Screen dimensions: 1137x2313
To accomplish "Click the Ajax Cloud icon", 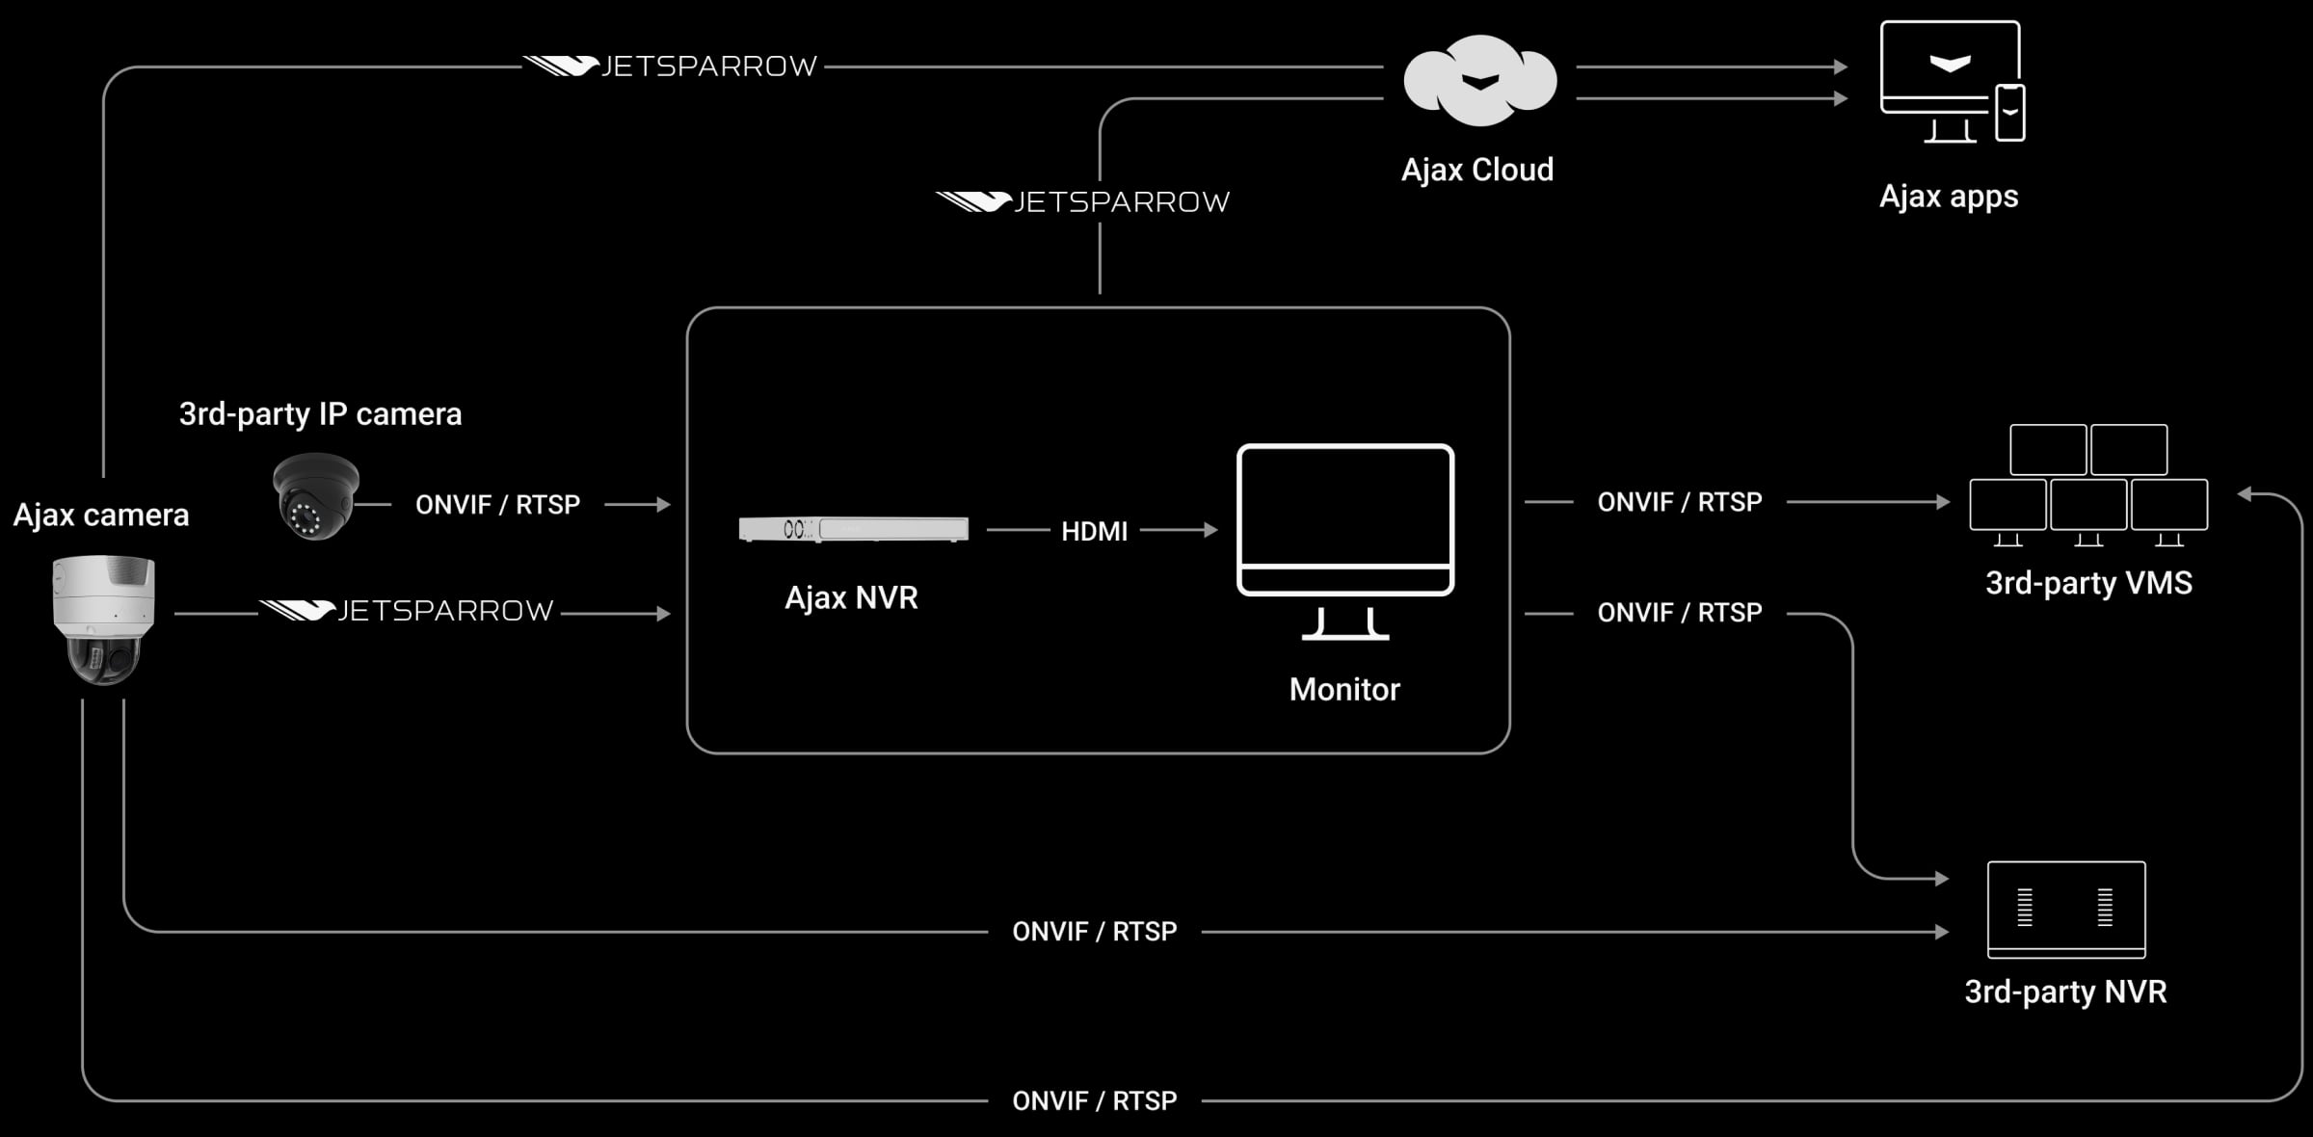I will (1479, 81).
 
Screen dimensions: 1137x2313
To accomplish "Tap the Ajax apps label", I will (1948, 197).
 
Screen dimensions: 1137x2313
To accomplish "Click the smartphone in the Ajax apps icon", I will (2009, 113).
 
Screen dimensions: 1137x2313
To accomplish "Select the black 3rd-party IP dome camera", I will (315, 497).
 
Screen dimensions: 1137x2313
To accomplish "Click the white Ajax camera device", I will (103, 619).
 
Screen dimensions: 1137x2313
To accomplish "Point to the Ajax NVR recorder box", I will (853, 529).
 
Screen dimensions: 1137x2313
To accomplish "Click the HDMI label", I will (1094, 531).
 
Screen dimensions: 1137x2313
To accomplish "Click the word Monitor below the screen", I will (1344, 690).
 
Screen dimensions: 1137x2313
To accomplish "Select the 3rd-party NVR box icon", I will (2066, 910).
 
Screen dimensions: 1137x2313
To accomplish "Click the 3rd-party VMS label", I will (2088, 584).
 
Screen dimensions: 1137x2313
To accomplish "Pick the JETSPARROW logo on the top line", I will (671, 66).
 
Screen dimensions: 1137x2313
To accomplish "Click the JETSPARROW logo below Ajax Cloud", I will (1082, 202).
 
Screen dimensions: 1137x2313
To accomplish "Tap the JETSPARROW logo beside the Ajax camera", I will (407, 611).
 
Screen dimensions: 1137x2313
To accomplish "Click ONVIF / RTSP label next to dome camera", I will (497, 505).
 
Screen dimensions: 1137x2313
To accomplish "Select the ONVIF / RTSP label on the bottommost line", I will (1094, 1101).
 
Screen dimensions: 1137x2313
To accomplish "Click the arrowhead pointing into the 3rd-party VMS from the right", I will (2246, 494).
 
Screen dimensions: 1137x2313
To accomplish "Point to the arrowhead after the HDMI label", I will (1210, 530).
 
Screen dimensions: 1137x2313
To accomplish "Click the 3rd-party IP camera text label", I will (320, 414).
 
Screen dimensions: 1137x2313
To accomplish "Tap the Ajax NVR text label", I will (851, 598).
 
